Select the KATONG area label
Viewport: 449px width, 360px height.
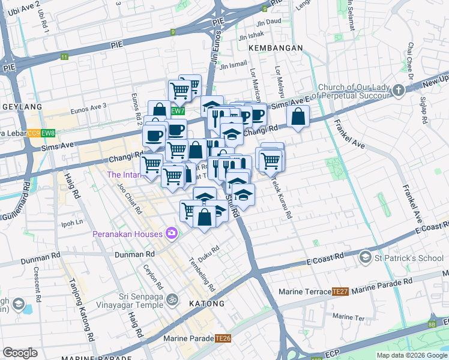click(208, 304)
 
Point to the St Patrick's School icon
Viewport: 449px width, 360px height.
click(365, 257)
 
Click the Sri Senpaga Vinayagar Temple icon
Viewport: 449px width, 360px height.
click(172, 298)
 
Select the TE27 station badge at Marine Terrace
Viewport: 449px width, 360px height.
click(340, 292)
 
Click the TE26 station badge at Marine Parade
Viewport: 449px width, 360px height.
click(223, 338)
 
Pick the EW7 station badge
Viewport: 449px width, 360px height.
click(177, 111)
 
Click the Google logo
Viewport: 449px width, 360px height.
click(20, 353)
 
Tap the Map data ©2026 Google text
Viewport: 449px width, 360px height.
click(411, 355)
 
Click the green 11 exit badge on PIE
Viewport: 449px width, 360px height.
click(64, 57)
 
